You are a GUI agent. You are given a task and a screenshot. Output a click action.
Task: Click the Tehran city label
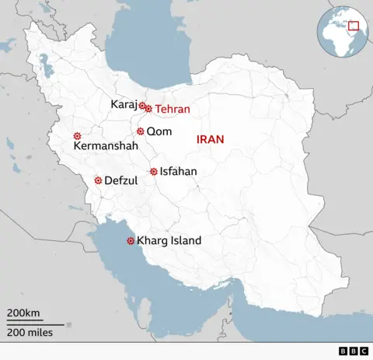[172, 110]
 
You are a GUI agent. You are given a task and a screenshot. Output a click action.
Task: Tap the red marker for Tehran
[148, 109]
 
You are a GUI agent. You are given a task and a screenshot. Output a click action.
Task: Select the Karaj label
[124, 104]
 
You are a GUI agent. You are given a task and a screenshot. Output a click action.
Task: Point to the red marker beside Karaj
[142, 105]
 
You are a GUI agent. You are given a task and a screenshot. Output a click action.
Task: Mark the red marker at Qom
[141, 131]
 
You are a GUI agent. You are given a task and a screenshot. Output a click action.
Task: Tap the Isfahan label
[178, 171]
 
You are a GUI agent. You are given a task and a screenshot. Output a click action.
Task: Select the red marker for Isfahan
[154, 172]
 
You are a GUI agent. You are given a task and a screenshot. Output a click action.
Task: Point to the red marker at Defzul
[98, 180]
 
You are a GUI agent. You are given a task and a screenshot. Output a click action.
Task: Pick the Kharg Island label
[169, 241]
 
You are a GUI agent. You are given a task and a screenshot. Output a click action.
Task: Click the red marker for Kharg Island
[130, 241]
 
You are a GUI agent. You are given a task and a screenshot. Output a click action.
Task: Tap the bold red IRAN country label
[210, 139]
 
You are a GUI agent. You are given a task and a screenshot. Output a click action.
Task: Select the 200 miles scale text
[28, 332]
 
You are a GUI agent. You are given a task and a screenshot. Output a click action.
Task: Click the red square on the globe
[354, 26]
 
